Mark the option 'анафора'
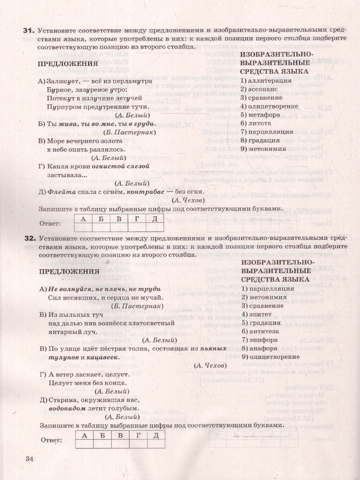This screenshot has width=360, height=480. (x=262, y=348)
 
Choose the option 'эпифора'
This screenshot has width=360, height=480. (x=262, y=340)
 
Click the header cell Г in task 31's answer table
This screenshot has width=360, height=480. (x=137, y=219)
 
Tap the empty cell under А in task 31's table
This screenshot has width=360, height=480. (x=83, y=227)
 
